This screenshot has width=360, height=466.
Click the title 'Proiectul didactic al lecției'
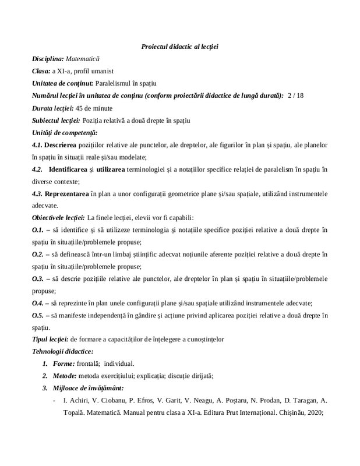coord(183,46)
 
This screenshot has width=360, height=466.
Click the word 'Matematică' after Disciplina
coord(83,59)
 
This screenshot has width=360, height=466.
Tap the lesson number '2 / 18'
coord(295,96)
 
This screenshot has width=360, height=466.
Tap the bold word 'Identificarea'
coord(70,170)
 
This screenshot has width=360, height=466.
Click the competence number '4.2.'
coord(38,170)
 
